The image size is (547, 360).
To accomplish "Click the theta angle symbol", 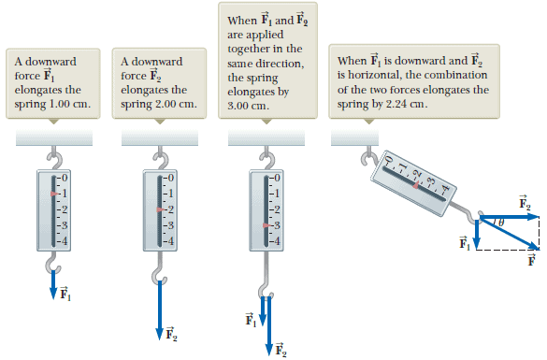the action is pos(501,223).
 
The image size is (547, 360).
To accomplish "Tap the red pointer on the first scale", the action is pos(54,194).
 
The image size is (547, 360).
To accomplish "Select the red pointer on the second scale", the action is pos(161,209).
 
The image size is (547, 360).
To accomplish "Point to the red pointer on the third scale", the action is pos(267,225).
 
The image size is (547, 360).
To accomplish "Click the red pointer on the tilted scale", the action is pos(416,185).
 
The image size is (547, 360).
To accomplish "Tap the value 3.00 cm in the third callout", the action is pos(248,106).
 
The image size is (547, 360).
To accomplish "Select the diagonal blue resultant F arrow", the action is pos(510,233).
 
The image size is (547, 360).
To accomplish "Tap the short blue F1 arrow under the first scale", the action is pos(53,284).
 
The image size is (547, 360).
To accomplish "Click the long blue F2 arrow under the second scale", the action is pos(160,310).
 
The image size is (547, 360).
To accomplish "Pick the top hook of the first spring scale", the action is pos(55,159).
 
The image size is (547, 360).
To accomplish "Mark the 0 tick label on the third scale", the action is pos(276,178).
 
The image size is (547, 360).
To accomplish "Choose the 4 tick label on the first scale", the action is pos(64,240).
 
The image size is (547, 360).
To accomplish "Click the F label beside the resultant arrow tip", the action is pos(531,260).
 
